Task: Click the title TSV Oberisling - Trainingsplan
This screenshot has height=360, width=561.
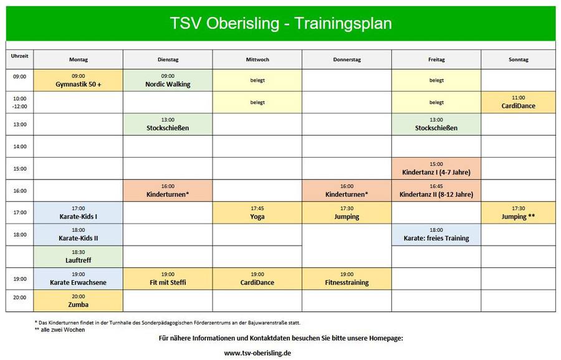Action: [281, 24]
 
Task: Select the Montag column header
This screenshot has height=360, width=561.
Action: [79, 59]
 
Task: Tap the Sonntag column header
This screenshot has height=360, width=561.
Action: [519, 59]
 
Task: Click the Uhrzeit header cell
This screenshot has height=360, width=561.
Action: [20, 59]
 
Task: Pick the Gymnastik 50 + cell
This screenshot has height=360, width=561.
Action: [79, 80]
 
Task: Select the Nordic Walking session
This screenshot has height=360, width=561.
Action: [168, 80]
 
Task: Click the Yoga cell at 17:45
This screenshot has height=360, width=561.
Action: [257, 213]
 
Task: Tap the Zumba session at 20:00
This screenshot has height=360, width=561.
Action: [79, 301]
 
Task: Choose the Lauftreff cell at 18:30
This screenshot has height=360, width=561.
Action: [79, 257]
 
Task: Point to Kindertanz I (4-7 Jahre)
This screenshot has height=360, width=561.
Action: [436, 168]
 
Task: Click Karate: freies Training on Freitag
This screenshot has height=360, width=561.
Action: [436, 235]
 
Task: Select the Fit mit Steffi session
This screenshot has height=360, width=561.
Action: [168, 279]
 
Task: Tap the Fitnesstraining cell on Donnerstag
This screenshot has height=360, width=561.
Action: [347, 279]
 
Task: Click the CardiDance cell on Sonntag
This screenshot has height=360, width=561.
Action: [519, 102]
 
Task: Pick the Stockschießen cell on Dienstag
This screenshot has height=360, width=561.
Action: [168, 125]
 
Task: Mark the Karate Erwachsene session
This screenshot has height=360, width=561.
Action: [79, 279]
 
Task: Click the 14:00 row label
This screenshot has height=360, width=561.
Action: [20, 146]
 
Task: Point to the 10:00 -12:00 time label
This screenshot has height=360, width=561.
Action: [20, 103]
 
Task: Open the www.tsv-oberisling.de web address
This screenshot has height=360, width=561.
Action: [257, 353]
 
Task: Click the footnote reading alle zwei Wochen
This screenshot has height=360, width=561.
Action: [60, 330]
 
